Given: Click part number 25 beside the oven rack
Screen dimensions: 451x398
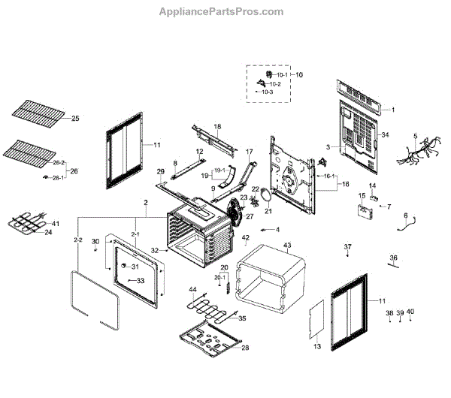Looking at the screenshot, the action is pyautogui.click(x=74, y=119).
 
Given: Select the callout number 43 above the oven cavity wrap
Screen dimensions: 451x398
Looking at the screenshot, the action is pyautogui.click(x=286, y=246).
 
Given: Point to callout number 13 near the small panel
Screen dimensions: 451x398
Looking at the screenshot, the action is pyautogui.click(x=316, y=347).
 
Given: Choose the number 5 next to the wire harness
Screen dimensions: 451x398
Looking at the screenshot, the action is pyautogui.click(x=414, y=136).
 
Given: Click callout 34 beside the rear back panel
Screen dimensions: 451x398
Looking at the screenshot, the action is pyautogui.click(x=385, y=135).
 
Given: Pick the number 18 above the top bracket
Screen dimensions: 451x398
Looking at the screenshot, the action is pyautogui.click(x=217, y=126).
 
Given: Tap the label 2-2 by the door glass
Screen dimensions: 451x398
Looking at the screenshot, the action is pyautogui.click(x=77, y=240).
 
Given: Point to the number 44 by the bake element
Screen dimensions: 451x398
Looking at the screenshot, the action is pyautogui.click(x=192, y=289).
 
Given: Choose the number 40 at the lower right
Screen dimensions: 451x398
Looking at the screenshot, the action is pyautogui.click(x=410, y=312).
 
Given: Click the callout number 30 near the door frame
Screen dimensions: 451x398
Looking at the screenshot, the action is pyautogui.click(x=95, y=241).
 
